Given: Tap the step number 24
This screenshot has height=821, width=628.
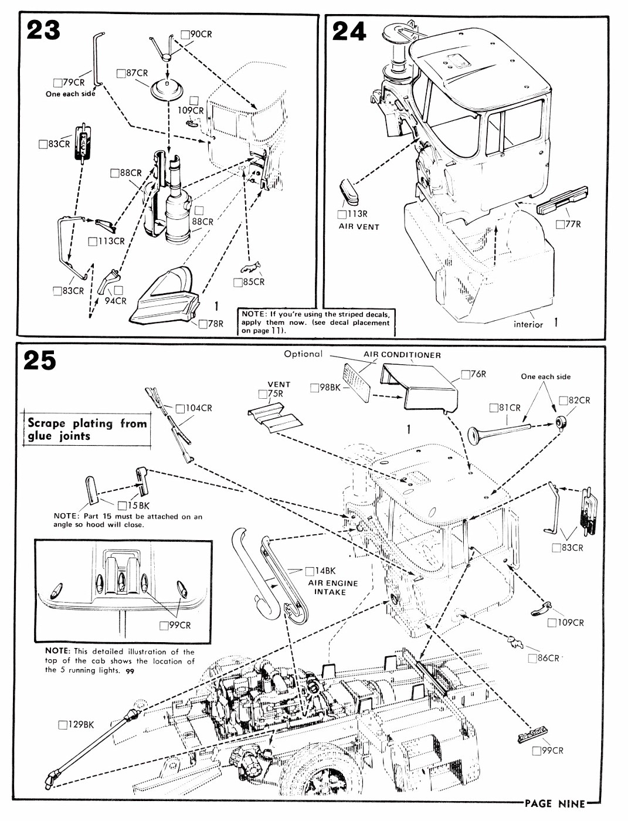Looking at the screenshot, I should [x=349, y=31].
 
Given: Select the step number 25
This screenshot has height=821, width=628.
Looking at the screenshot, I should [x=40, y=360].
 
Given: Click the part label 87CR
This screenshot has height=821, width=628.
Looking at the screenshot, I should [x=136, y=73].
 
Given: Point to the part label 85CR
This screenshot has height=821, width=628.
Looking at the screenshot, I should [x=253, y=282].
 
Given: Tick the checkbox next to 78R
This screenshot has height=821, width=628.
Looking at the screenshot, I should [x=202, y=324].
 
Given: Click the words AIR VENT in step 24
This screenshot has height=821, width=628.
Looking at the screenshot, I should [x=359, y=226].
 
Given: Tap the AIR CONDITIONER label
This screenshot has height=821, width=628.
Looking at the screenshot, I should [x=402, y=355].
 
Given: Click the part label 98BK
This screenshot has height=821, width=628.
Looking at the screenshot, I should [x=329, y=387].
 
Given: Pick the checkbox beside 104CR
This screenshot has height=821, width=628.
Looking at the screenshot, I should [x=180, y=408].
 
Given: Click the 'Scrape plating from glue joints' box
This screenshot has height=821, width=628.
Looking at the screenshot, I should [x=87, y=429].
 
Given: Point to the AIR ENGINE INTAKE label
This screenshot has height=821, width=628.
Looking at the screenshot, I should [x=332, y=588].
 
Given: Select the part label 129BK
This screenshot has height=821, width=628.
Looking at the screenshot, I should [x=80, y=725].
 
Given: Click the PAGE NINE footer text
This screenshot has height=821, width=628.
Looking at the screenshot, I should [x=555, y=803].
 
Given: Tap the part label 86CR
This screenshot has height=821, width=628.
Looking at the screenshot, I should [x=548, y=658].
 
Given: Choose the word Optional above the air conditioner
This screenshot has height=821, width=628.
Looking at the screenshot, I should [x=303, y=354].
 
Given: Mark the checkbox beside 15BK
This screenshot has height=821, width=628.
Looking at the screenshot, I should [x=122, y=506].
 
